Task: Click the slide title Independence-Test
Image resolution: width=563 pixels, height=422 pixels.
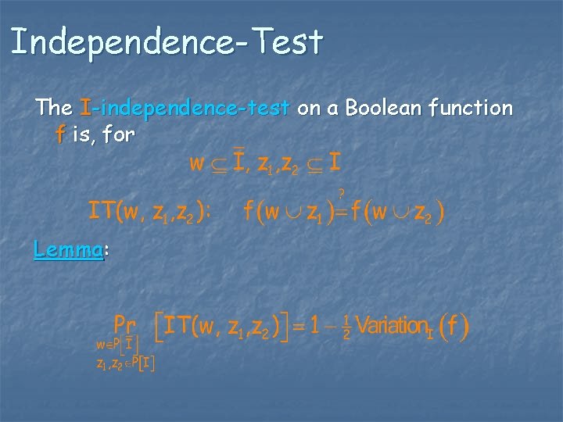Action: pos(166,42)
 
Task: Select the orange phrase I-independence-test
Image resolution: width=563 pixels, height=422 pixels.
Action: pos(185,108)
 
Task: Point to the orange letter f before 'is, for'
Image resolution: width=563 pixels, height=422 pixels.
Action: pos(60,134)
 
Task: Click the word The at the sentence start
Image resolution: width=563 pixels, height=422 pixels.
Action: pos(53,108)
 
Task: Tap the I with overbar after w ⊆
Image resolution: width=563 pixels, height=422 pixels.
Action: pos(240,163)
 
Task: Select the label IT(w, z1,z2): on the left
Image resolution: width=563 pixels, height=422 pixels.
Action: pos(149,210)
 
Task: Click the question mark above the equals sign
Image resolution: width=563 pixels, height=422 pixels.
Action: pos(341,192)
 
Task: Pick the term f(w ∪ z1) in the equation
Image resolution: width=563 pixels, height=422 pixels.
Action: pos(289,211)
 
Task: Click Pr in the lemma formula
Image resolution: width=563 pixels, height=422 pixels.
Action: pos(125,324)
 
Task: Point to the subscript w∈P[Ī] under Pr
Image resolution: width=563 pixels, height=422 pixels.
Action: pos(117,344)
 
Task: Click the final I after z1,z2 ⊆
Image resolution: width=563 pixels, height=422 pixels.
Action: pos(334,163)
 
